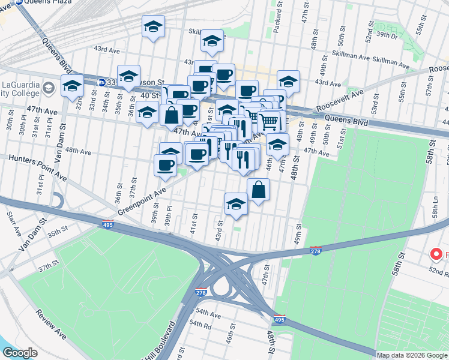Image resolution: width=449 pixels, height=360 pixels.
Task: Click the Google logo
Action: click(x=20, y=353)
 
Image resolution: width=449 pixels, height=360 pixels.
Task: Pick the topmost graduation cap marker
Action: click(x=153, y=26)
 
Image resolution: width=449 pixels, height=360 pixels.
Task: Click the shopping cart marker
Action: click(x=270, y=122)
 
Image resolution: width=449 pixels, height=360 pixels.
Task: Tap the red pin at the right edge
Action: click(x=436, y=255)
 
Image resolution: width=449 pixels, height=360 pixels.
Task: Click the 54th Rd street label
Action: click(x=200, y=324)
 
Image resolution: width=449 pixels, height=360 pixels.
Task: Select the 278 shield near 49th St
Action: click(x=316, y=251)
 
